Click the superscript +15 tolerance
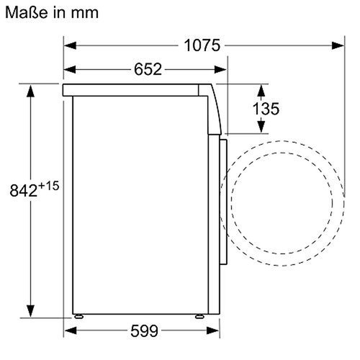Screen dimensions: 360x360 [49, 186]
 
